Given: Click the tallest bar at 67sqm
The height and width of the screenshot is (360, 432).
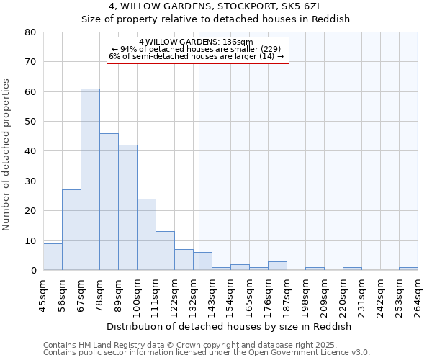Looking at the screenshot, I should (90, 180).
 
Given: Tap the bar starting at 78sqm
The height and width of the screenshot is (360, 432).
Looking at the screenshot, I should (109, 202).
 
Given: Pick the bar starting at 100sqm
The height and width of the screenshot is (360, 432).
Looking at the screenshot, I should (146, 235).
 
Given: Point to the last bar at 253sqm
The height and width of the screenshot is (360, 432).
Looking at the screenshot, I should (408, 269).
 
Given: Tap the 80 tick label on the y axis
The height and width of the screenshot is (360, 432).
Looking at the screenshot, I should (30, 32).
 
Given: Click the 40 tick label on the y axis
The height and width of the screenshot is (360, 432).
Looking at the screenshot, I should (30, 151).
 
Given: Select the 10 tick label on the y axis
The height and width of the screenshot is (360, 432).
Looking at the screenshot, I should (30, 240).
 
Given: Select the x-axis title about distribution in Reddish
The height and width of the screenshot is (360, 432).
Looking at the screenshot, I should (233, 326).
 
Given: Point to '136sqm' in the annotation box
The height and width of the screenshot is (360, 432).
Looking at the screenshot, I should (238, 42).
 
